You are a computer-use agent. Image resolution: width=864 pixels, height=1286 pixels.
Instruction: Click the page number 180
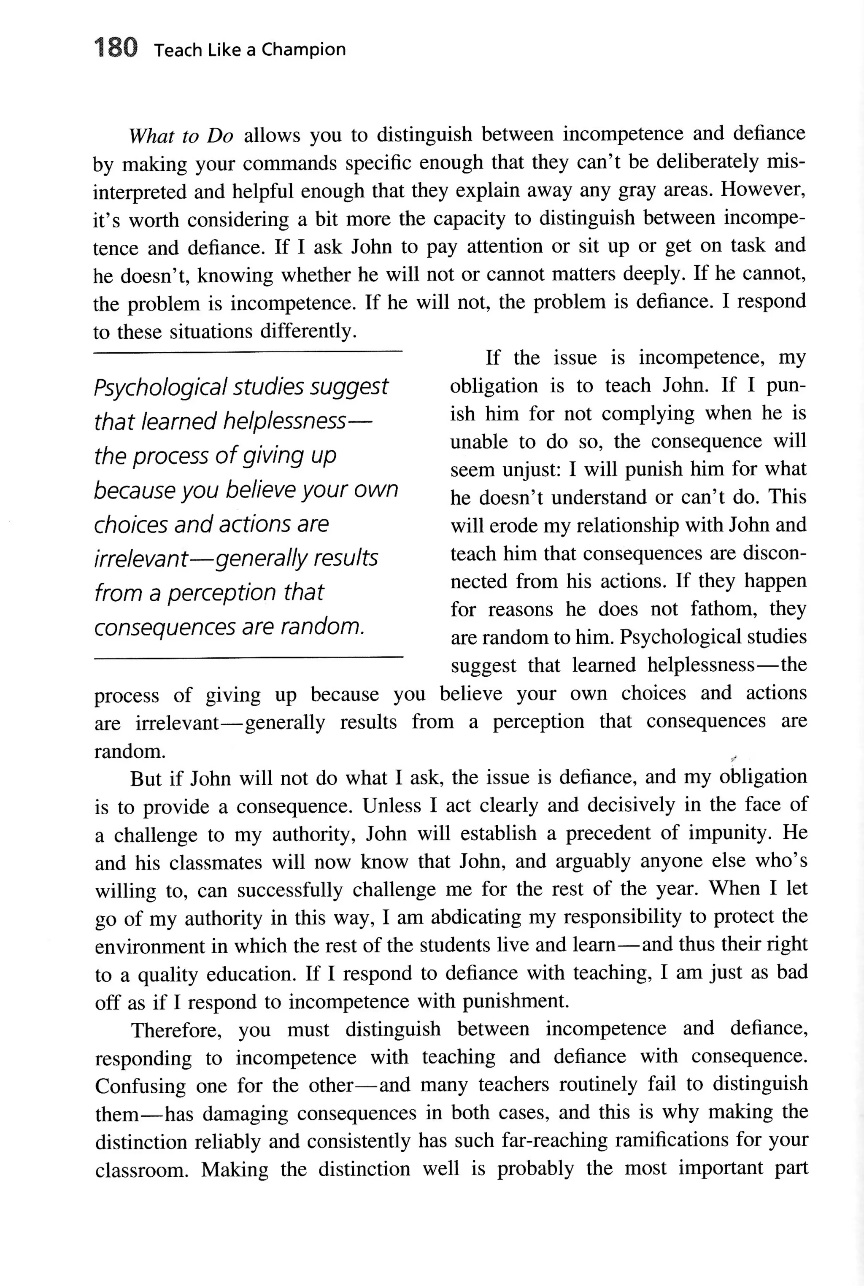[x=115, y=48]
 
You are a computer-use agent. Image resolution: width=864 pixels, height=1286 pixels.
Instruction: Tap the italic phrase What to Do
[x=181, y=135]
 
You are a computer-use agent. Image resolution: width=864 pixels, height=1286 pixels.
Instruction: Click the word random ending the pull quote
[x=322, y=627]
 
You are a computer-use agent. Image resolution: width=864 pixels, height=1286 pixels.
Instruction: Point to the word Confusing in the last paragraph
[x=140, y=1086]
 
